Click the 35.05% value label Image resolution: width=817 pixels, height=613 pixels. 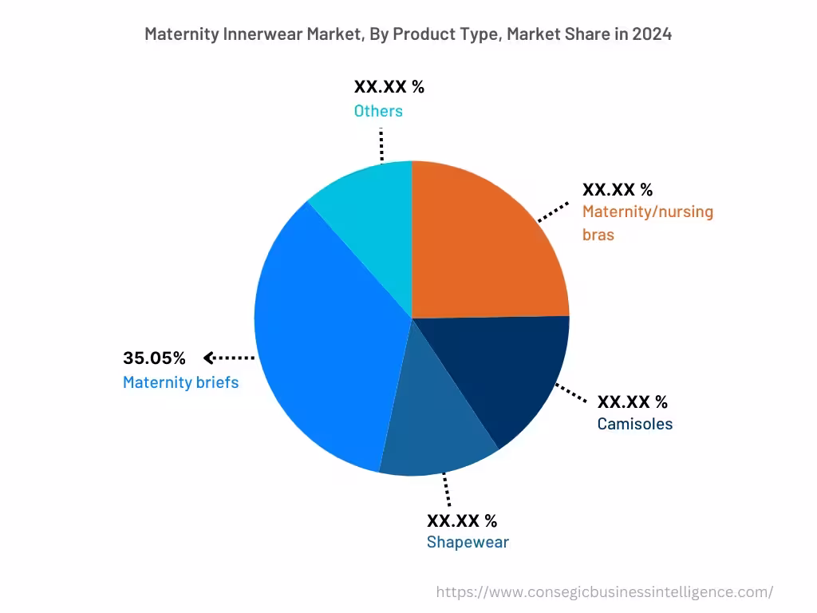coord(154,358)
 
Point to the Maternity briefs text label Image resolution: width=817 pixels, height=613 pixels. coord(180,382)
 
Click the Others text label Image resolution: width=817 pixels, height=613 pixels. coord(378,111)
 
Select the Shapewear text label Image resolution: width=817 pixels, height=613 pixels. coord(468,543)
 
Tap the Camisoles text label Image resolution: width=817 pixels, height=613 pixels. coord(635,424)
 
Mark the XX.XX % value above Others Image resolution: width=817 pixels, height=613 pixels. coord(389,87)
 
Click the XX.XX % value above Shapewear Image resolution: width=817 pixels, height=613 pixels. coord(462,521)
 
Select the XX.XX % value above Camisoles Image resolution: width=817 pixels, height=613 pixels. coord(633,401)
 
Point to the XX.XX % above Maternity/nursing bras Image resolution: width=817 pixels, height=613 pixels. coord(618,190)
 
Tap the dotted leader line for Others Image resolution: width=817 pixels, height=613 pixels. coord(381,143)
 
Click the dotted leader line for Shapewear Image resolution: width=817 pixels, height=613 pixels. coord(446,489)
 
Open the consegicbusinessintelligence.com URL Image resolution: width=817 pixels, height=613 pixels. coord(605,592)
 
